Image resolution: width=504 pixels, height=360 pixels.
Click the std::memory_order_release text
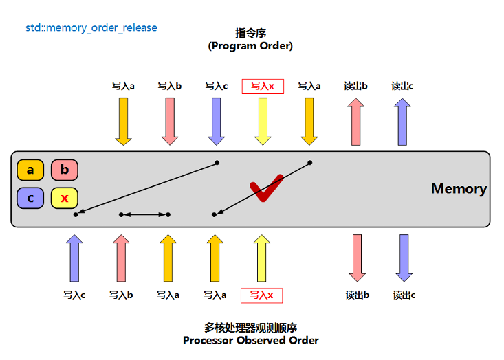pyautogui.click(x=91, y=28)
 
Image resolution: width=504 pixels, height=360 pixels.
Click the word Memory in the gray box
pyautogui.click(x=459, y=189)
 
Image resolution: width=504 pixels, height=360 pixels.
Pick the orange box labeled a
pyautogui.click(x=30, y=170)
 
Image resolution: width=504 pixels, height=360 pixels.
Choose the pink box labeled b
pyautogui.click(x=65, y=170)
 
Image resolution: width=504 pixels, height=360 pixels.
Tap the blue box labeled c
pyautogui.click(x=30, y=199)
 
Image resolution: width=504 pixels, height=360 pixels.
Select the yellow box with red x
pyautogui.click(x=65, y=199)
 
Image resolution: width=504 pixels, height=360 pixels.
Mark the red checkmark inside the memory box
pyautogui.click(x=265, y=188)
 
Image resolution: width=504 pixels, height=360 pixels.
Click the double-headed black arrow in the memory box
pyautogui.click(x=144, y=215)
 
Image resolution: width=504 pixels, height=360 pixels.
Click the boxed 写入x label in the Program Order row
pyautogui.click(x=262, y=86)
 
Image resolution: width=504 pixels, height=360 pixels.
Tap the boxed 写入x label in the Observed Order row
pyautogui.click(x=261, y=295)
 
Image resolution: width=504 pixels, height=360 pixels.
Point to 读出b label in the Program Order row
pyautogui.click(x=355, y=86)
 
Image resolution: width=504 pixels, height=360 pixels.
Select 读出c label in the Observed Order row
pyautogui.click(x=404, y=295)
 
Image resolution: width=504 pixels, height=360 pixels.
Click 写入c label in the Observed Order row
pyautogui.click(x=74, y=295)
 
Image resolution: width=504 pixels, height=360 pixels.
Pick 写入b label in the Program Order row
pyautogui.click(x=169, y=86)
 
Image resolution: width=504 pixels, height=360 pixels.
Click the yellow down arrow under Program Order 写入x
pyautogui.click(x=262, y=121)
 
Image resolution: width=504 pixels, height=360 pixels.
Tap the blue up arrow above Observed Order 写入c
pyautogui.click(x=74, y=258)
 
